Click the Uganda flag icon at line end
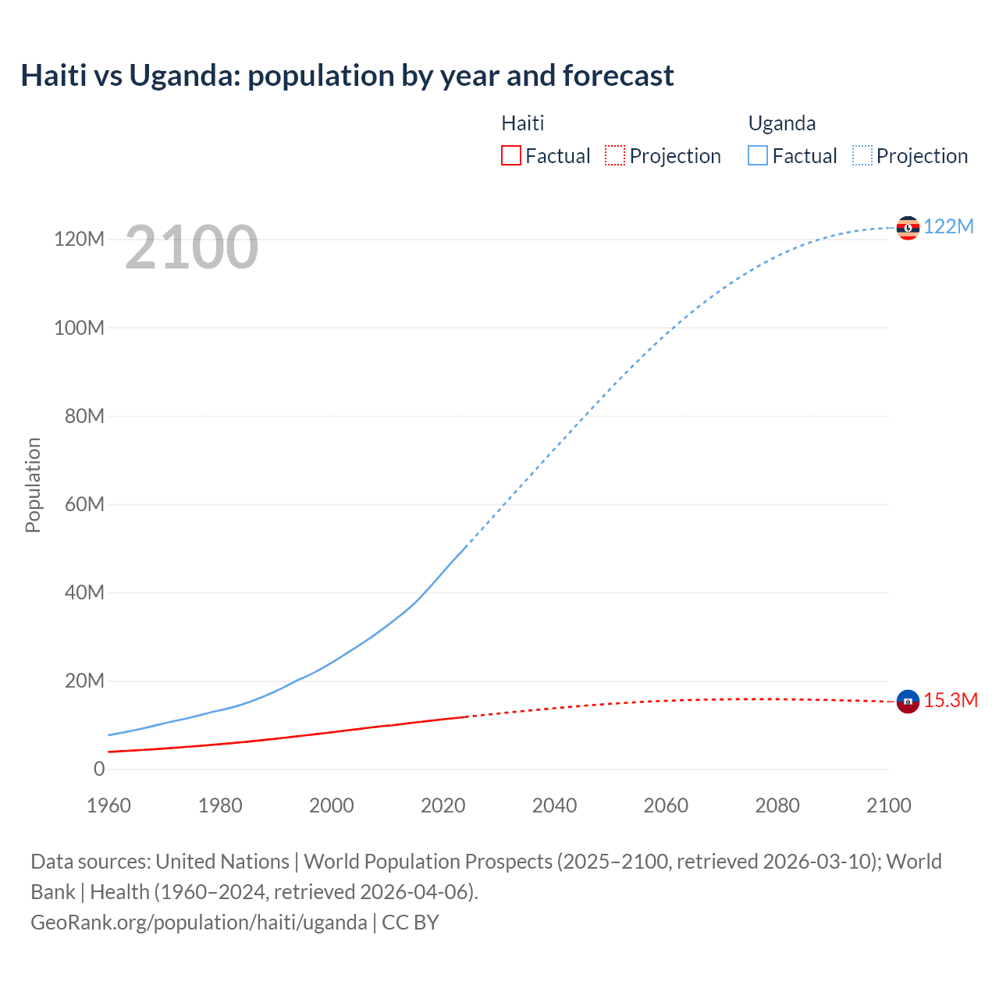tap(908, 228)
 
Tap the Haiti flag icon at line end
tap(908, 702)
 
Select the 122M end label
tap(948, 227)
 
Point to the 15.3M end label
tap(951, 700)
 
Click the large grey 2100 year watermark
tap(191, 247)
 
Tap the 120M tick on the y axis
tap(79, 239)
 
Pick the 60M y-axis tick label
tap(84, 504)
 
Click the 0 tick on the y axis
tap(99, 769)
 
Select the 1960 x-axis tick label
tap(108, 805)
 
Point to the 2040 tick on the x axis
tap(554, 805)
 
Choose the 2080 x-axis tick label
tap(777, 805)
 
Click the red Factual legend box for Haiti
tap(510, 155)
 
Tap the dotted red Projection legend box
tap(615, 155)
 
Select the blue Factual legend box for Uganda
tap(758, 155)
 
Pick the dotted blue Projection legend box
tap(862, 155)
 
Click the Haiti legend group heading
tap(522, 123)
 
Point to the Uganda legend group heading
tap(782, 123)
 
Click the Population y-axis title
tap(33, 485)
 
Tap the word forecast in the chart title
tap(618, 76)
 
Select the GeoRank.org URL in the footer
tap(199, 923)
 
